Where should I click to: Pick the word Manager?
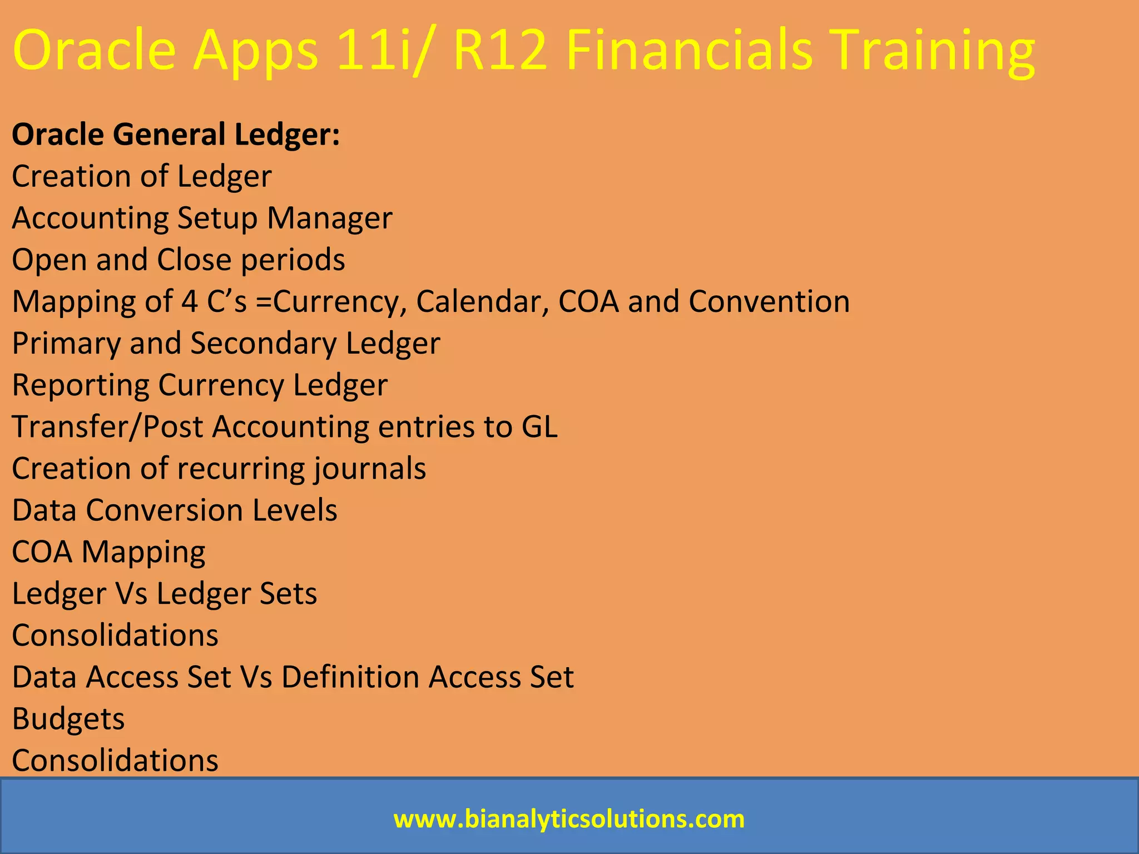point(330,218)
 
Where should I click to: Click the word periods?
point(293,260)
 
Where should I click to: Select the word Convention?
point(769,301)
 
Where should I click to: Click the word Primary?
point(66,344)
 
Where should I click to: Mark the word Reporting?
point(81,385)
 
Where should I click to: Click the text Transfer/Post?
point(108,427)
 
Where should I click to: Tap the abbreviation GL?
point(539,427)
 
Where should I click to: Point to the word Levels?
point(295,510)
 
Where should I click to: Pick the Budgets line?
point(68,719)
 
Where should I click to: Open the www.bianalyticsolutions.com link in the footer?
point(569,819)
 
